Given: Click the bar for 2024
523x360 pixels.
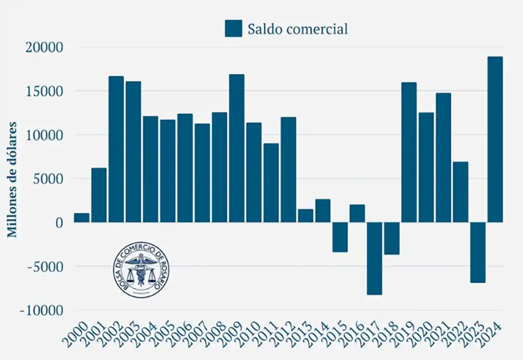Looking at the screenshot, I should tap(495, 139).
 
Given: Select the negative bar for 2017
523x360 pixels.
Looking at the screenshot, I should tap(374, 258).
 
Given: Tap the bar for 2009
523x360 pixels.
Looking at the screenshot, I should tap(237, 148).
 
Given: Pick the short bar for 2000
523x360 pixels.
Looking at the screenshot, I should tap(82, 218).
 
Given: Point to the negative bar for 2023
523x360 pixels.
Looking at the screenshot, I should tap(478, 252).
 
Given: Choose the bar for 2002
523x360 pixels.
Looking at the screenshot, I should tap(116, 149).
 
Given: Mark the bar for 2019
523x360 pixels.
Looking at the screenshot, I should tap(409, 152).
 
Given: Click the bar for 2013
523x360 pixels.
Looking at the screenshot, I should tap(306, 216).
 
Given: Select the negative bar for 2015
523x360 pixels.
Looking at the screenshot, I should tap(340, 237).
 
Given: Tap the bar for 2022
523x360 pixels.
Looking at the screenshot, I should tap(460, 192).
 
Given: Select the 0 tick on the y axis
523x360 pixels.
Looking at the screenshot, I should tap(58, 223).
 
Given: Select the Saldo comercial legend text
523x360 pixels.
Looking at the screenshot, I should tap(298, 29).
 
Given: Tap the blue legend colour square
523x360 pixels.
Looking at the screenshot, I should tap(233, 28).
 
